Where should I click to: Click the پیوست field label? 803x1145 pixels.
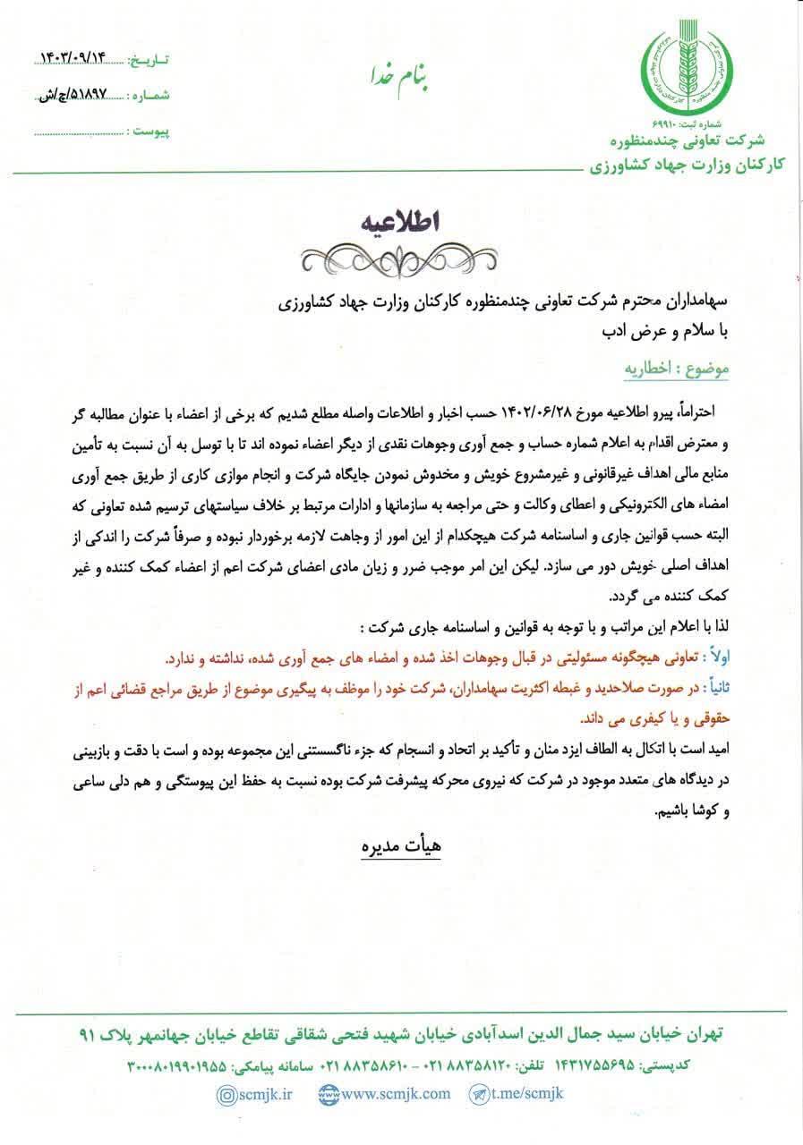149,131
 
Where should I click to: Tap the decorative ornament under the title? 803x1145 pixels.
397,260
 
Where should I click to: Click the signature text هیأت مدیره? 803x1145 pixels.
397,846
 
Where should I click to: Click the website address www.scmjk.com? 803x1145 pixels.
385,1094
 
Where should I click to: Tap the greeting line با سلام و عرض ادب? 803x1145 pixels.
659,332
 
